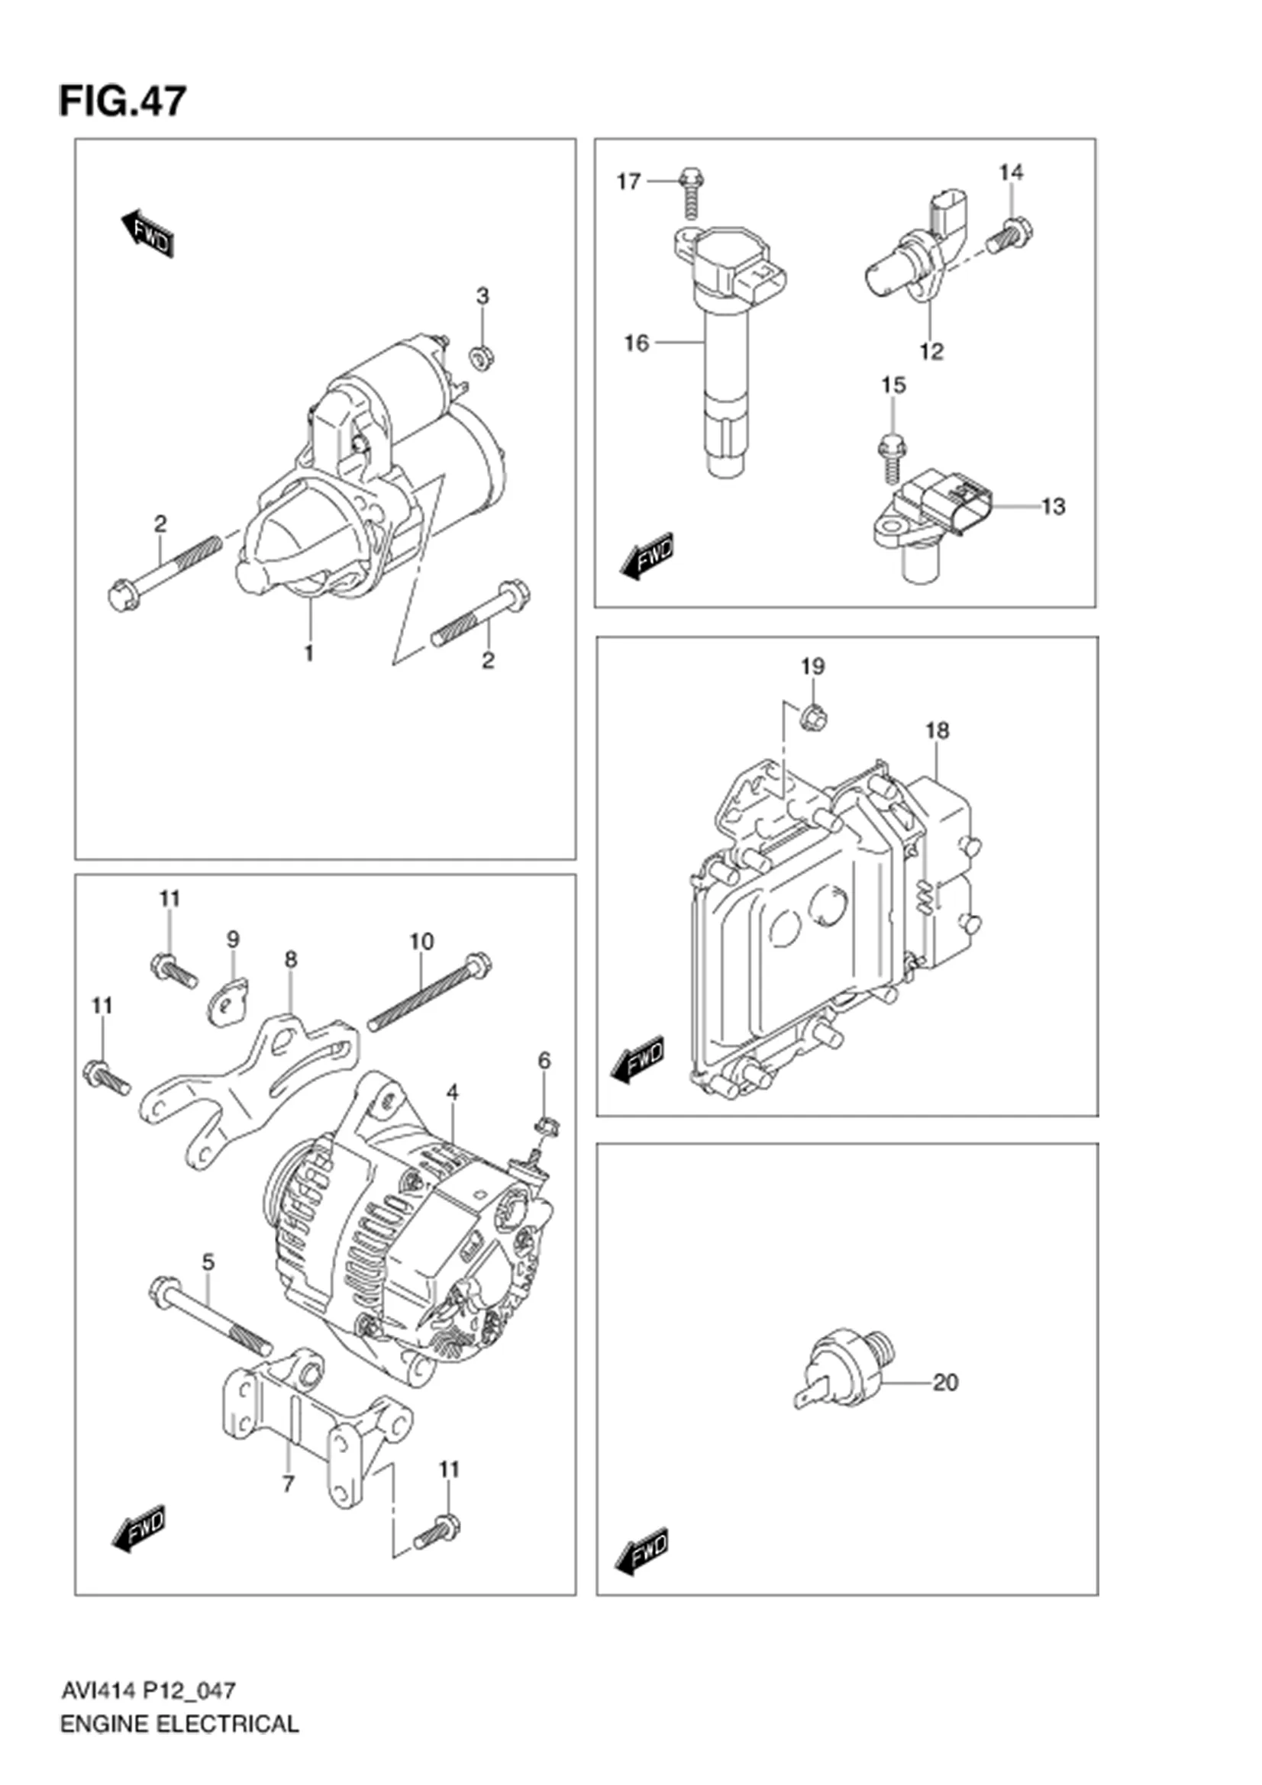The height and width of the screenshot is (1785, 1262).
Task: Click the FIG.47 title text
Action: [123, 101]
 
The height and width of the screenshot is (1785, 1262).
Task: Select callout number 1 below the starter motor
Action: [308, 654]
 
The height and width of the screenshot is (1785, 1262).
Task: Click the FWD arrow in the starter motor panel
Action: [147, 233]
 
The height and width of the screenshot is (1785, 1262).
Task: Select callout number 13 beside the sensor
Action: [1053, 507]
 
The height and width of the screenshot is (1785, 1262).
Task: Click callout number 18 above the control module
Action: [937, 731]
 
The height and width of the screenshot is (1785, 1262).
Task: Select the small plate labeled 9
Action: [227, 1004]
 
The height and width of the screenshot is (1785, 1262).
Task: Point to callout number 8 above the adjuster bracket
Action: [291, 959]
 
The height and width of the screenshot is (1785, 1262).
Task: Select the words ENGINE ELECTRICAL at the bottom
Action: [179, 1746]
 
